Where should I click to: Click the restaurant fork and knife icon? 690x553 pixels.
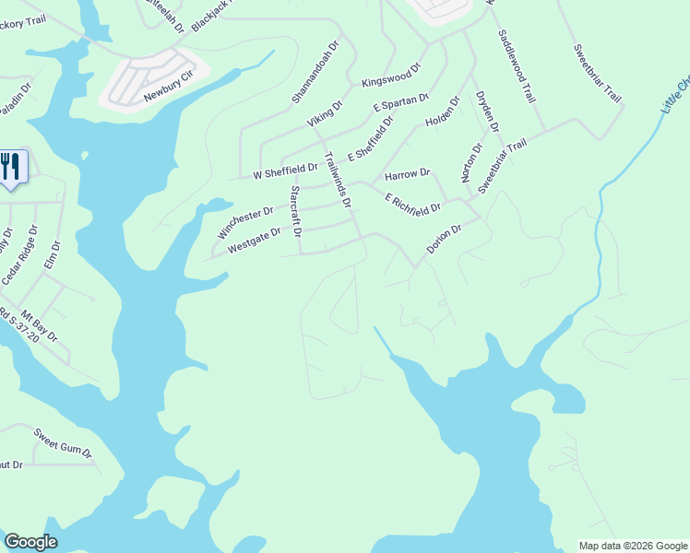[11, 167]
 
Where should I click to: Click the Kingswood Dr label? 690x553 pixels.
[391, 75]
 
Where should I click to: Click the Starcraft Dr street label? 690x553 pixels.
[296, 212]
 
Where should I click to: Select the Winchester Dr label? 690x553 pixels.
[244, 222]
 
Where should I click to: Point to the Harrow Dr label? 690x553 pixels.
[407, 173]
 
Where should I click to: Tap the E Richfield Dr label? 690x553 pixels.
[413, 205]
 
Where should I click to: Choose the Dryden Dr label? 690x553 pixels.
[487, 112]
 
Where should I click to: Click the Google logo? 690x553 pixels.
[30, 542]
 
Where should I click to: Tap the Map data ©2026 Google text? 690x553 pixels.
[632, 546]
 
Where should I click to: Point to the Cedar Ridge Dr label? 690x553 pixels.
[23, 255]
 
